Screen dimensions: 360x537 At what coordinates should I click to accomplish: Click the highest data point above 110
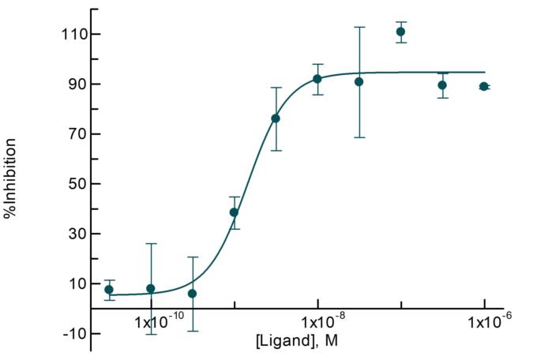(x=401, y=32)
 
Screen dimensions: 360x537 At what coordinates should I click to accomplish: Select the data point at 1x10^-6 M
(x=484, y=86)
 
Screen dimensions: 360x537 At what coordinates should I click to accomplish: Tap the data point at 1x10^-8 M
(x=317, y=79)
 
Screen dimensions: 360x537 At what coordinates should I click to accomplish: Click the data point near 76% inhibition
(x=276, y=118)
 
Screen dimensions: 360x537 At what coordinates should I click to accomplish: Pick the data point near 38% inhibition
(x=234, y=212)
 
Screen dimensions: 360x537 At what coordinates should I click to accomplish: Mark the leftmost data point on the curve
(x=109, y=290)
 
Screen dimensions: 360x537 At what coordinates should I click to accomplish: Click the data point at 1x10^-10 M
(x=151, y=289)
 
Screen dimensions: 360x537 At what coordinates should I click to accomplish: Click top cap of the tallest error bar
(x=359, y=27)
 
